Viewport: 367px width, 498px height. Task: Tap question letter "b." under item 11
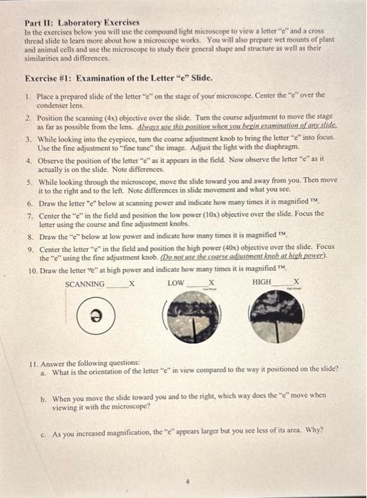43,396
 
